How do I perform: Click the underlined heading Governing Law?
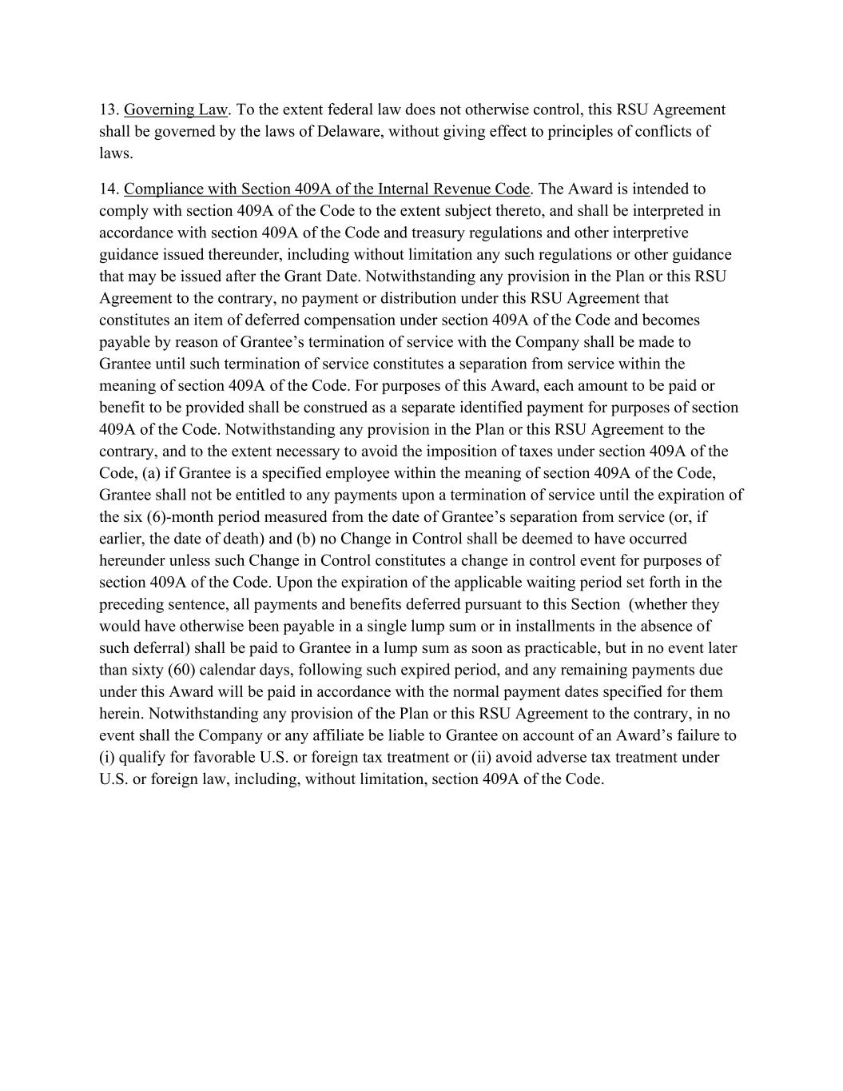point(176,109)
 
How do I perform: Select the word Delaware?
point(349,131)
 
